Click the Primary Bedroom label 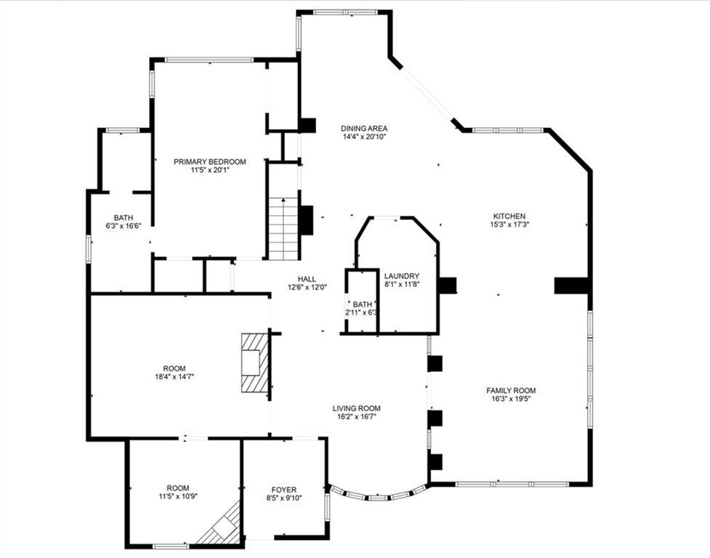coord(209,161)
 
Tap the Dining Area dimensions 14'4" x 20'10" coord(364,136)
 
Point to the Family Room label coord(511,390)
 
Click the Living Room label coord(356,408)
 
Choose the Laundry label coord(402,276)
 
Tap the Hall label coord(307,279)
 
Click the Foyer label coord(284,490)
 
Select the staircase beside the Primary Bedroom coord(283,229)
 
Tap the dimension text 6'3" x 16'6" coord(124,225)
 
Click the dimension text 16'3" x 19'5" coord(511,399)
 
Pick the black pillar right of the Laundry coord(448,285)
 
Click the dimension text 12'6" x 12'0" coord(307,287)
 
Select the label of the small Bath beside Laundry coord(362,304)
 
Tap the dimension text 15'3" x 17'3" coord(509,224)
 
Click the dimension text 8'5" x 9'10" coord(284,498)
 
